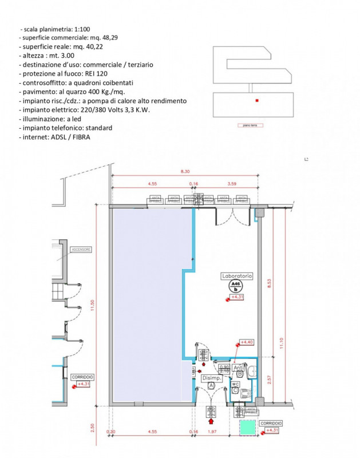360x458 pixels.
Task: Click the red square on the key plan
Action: (x=258, y=101)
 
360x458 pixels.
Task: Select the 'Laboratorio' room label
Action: (x=236, y=276)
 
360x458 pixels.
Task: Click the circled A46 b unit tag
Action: (x=235, y=286)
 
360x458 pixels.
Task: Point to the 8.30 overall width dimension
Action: (x=185, y=171)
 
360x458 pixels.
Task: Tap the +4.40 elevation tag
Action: (x=246, y=342)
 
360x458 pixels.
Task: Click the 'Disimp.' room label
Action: (x=211, y=378)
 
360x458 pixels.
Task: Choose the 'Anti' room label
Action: (x=239, y=368)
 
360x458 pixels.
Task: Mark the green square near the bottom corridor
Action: (x=247, y=427)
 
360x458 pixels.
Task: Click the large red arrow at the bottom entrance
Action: (x=211, y=421)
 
